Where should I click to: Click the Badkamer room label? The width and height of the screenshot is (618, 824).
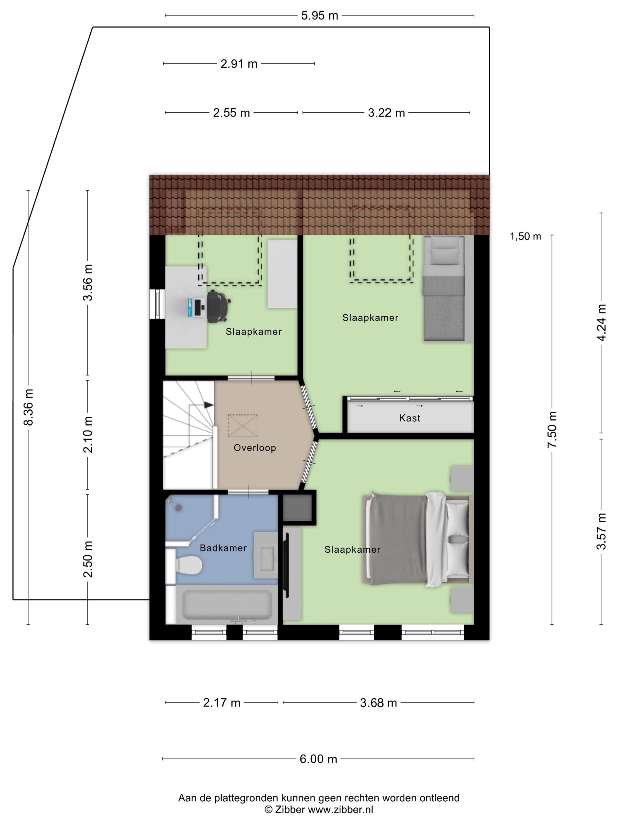(x=223, y=548)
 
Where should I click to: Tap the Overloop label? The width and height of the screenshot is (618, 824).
(x=255, y=448)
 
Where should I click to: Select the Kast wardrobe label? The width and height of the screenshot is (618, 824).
(x=409, y=418)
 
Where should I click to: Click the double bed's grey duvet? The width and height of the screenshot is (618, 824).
(x=397, y=539)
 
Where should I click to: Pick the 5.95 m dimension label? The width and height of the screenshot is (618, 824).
(x=319, y=16)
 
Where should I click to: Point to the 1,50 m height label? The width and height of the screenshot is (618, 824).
(x=525, y=236)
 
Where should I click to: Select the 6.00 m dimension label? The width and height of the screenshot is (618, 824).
(x=318, y=759)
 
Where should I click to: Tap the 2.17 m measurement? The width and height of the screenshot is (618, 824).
(x=222, y=702)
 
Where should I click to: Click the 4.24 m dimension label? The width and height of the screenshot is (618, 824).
(x=601, y=322)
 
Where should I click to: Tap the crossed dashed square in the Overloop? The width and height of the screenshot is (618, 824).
(x=242, y=426)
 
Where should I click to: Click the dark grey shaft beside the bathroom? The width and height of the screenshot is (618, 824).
(x=297, y=507)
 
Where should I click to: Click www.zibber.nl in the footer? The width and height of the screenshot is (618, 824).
(x=340, y=809)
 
